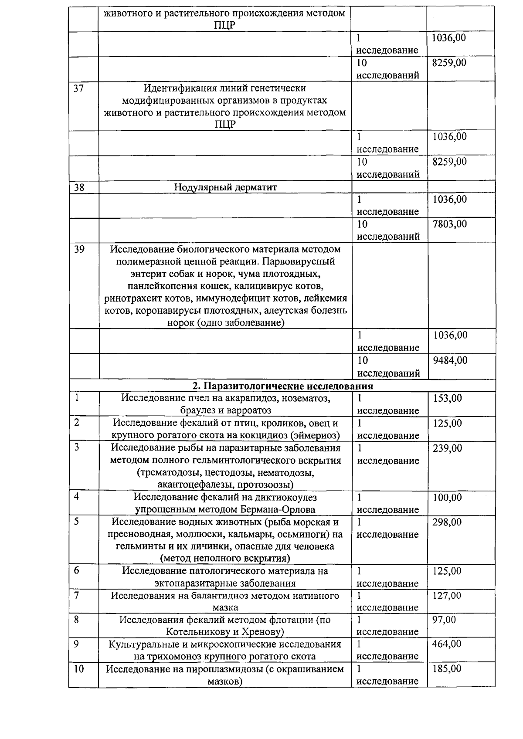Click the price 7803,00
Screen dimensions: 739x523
(449, 224)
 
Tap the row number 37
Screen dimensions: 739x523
(79, 88)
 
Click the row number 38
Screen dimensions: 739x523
(79, 187)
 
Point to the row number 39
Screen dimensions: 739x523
(79, 249)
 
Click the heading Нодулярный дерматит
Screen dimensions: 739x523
(225, 187)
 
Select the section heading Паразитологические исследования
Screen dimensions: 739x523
(282, 386)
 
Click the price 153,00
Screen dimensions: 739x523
(447, 398)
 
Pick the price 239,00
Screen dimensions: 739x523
(447, 448)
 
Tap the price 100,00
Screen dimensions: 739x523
(447, 498)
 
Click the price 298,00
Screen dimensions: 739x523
(447, 522)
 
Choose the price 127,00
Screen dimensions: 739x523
(447, 596)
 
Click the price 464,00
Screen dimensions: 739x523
(447, 644)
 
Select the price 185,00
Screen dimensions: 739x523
(447, 669)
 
